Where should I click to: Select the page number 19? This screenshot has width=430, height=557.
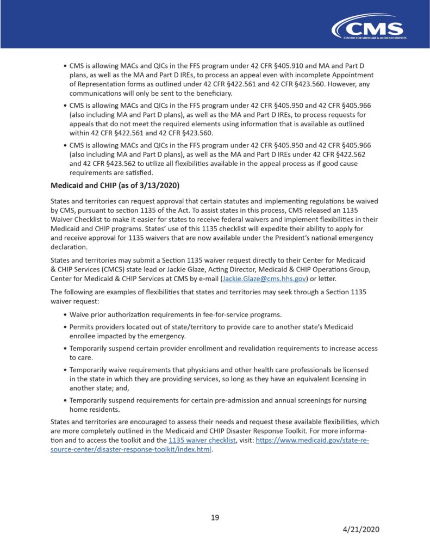point(215,517)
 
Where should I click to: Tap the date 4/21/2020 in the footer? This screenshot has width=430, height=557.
point(361,529)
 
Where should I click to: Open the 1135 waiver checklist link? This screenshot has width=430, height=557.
point(202,440)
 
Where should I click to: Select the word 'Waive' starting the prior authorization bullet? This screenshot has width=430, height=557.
point(81,314)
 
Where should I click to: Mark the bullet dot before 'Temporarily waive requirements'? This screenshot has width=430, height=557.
point(65,369)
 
